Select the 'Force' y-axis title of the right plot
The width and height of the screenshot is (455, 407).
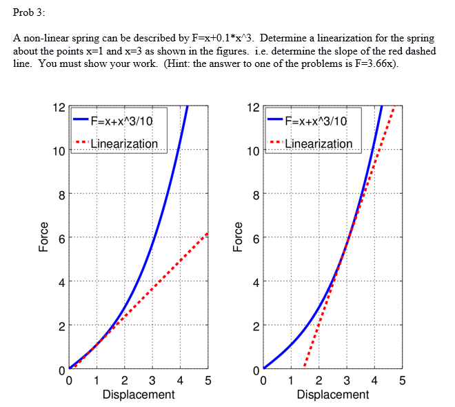(x=239, y=237)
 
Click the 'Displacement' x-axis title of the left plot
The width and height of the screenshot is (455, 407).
(x=138, y=395)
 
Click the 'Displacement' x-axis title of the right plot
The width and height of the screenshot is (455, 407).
(x=333, y=395)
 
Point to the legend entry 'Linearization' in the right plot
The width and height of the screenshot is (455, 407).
(x=318, y=143)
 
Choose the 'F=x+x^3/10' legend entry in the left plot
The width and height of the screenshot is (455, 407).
(x=121, y=121)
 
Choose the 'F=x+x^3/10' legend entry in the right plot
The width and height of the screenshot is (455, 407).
(x=316, y=121)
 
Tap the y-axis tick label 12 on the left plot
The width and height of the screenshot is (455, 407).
(x=59, y=108)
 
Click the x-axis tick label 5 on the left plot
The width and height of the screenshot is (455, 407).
(x=208, y=380)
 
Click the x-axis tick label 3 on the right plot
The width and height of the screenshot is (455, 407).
(x=347, y=380)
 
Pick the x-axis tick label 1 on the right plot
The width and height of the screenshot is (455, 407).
(x=291, y=380)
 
